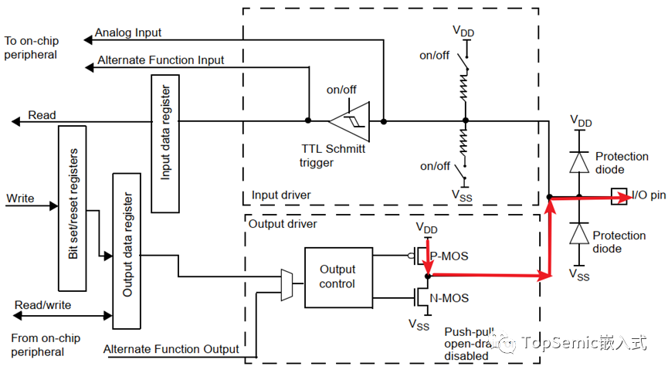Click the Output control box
(x=337, y=276)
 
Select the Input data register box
(x=165, y=144)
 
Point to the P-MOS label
(x=449, y=256)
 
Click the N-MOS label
(x=449, y=298)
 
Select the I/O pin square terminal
(x=618, y=196)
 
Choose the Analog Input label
(x=127, y=34)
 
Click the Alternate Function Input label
(x=161, y=59)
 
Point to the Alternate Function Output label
(x=171, y=349)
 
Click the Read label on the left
(x=42, y=115)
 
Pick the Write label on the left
(x=20, y=198)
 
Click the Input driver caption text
(x=281, y=195)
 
